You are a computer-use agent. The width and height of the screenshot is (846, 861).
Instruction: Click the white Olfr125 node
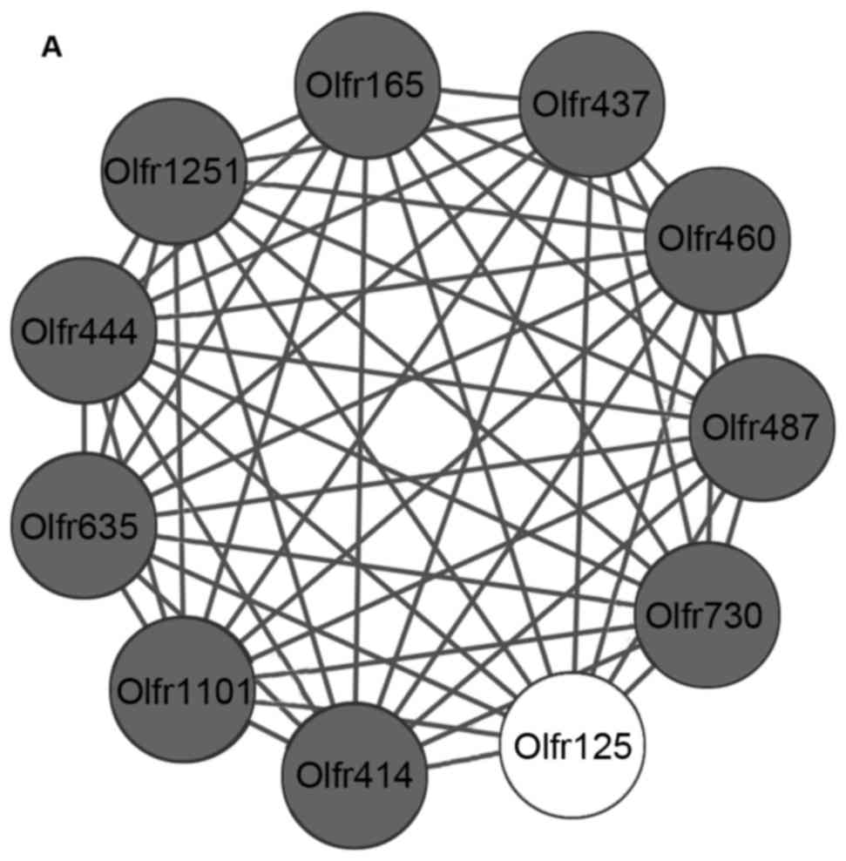click(x=572, y=744)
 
